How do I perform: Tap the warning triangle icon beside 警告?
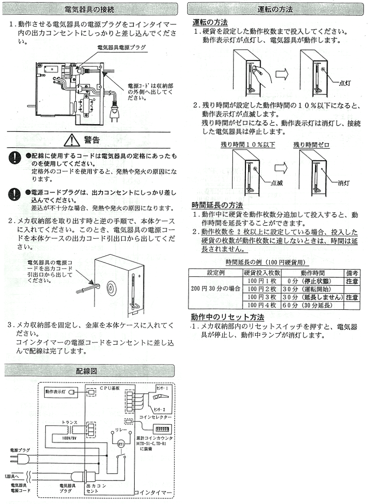tap(73, 139)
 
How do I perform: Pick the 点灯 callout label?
tap(345, 83)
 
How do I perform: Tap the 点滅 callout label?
tap(277, 183)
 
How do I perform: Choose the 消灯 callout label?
tap(344, 183)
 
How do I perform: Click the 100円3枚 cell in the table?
tap(262, 297)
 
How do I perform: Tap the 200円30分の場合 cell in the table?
tap(215, 289)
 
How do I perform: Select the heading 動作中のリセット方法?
tap(227, 318)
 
